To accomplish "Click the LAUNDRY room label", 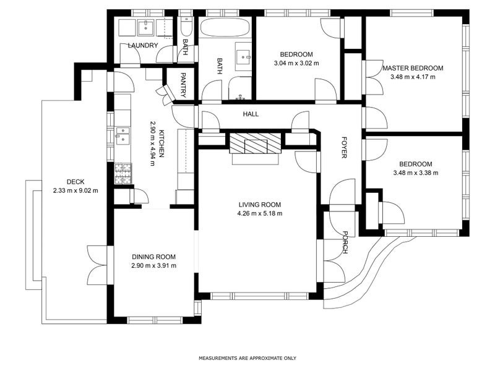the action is (143, 45).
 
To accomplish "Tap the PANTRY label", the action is (183, 85).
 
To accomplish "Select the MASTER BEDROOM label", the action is (413, 68).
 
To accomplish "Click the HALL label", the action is (251, 114).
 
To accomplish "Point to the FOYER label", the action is (344, 147).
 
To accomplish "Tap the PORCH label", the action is (345, 242).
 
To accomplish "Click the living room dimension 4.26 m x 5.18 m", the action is (260, 213).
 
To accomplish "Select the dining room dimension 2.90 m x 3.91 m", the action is (153, 266).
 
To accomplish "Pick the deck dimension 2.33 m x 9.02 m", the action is (75, 190).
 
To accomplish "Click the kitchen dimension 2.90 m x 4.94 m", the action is (153, 143).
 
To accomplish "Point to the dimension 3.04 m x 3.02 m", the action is (296, 63).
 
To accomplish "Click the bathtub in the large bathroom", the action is (225, 28).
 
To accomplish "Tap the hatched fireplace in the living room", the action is (256, 143).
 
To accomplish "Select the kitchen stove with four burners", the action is (123, 174).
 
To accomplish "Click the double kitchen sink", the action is (123, 135).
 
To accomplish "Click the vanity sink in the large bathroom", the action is (243, 57).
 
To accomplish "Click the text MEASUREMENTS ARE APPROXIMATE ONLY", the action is (247, 358).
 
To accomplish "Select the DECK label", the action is (75, 182).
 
